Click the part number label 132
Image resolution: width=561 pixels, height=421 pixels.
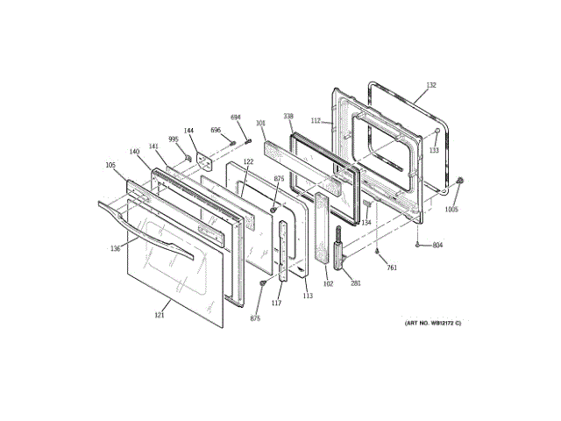[431, 86]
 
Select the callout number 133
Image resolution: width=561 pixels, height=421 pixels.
[433, 150]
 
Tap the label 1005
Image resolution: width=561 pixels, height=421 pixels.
[451, 209]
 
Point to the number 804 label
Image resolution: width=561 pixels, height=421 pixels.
[437, 245]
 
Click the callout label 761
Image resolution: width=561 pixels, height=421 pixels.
[392, 268]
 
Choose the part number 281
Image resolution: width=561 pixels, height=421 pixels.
[356, 282]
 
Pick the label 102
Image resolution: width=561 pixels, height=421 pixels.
[328, 283]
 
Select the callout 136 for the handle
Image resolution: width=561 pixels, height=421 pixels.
[116, 248]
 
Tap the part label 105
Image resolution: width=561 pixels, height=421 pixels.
[110, 165]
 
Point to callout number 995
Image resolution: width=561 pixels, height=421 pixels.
[174, 139]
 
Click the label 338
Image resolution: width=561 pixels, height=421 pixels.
[288, 116]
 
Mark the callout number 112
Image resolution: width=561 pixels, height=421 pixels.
[316, 121]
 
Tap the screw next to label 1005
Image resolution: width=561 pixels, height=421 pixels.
[459, 181]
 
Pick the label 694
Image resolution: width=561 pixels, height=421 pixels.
[236, 117]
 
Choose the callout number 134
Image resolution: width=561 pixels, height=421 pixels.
[366, 223]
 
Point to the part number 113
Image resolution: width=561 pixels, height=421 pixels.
[308, 296]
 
